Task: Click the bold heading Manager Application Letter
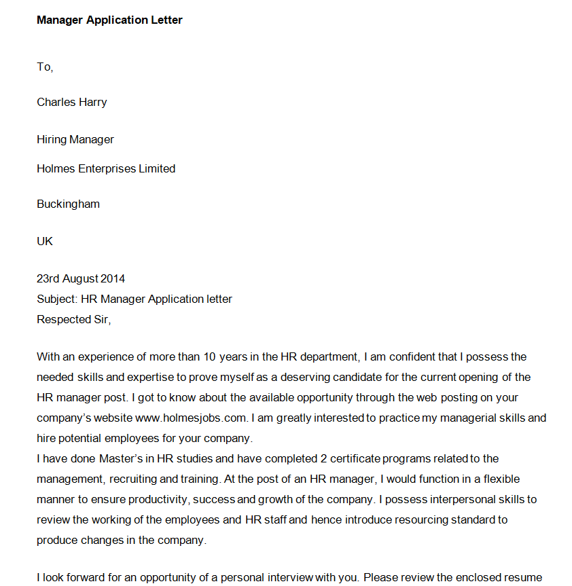click(109, 20)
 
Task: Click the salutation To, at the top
click(45, 67)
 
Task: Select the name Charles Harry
click(71, 102)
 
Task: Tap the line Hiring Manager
click(75, 139)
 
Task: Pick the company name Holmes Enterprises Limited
click(106, 168)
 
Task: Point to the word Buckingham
click(68, 204)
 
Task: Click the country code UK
click(45, 241)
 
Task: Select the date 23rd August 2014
click(81, 278)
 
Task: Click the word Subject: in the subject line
click(57, 299)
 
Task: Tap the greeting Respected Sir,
click(73, 319)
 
